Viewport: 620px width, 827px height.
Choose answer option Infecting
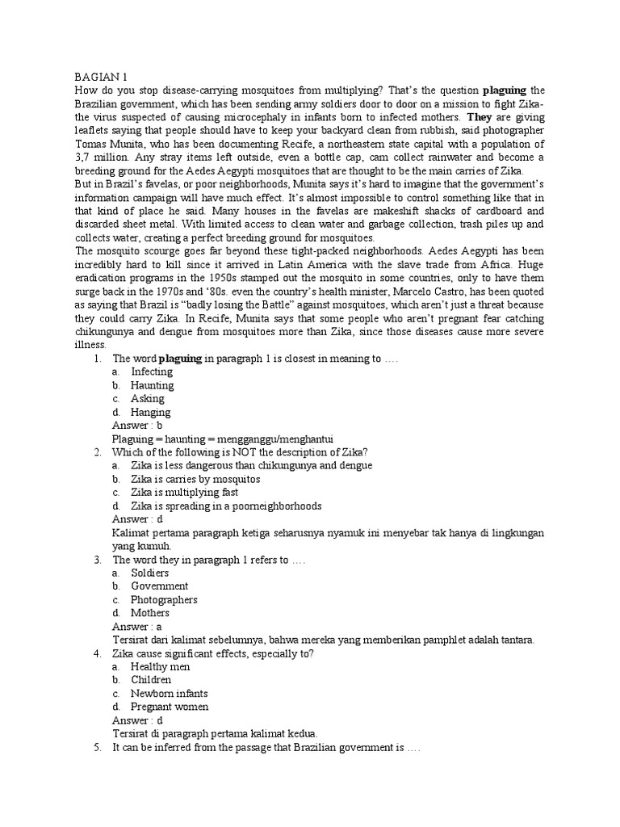tap(152, 372)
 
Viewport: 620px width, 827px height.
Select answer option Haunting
tap(152, 385)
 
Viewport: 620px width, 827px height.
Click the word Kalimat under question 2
tap(131, 532)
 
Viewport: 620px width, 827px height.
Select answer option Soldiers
tap(150, 573)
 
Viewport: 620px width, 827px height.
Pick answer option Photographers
tap(164, 599)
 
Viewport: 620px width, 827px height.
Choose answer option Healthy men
tap(158, 666)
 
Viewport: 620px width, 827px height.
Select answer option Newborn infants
tap(169, 693)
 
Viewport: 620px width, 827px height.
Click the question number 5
tap(96, 747)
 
